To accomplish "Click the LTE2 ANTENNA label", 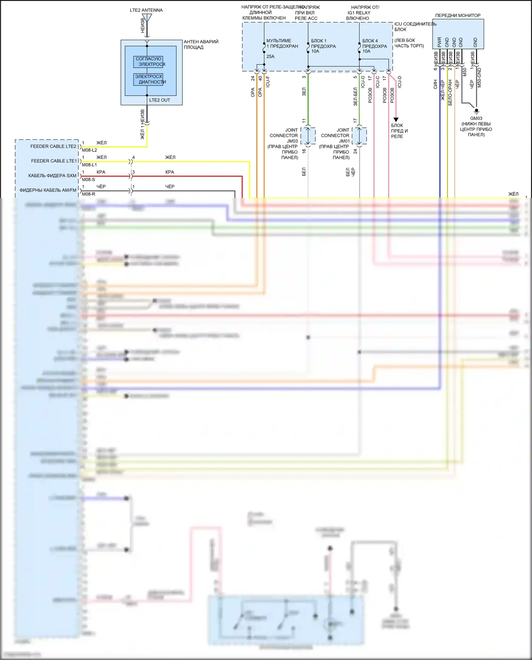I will pos(146,10).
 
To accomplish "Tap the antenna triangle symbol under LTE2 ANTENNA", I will pos(147,17).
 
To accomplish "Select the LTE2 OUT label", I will pos(160,100).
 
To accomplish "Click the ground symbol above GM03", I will pos(476,111).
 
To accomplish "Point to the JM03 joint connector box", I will pos(308,136).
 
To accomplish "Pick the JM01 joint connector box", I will pos(359,136).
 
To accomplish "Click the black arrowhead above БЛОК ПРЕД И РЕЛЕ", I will pos(396,120).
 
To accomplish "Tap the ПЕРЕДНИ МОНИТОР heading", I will pos(458,16).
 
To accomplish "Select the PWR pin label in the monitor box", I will pos(439,42).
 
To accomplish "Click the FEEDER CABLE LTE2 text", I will pos(53,146).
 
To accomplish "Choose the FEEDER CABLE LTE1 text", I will pos(54,161).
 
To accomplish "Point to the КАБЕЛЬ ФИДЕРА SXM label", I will pos(52,176).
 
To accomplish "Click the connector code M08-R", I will pos(89,194).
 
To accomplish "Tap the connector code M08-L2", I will pos(89,150).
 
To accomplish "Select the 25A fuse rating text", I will pos(270,56).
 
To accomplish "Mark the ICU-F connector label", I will pos(268,82).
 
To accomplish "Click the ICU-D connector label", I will pos(400,82).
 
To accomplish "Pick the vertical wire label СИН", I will pos(435,84).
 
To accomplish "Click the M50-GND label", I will pos(479,78).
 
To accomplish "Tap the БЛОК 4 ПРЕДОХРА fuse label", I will pos(375,44).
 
